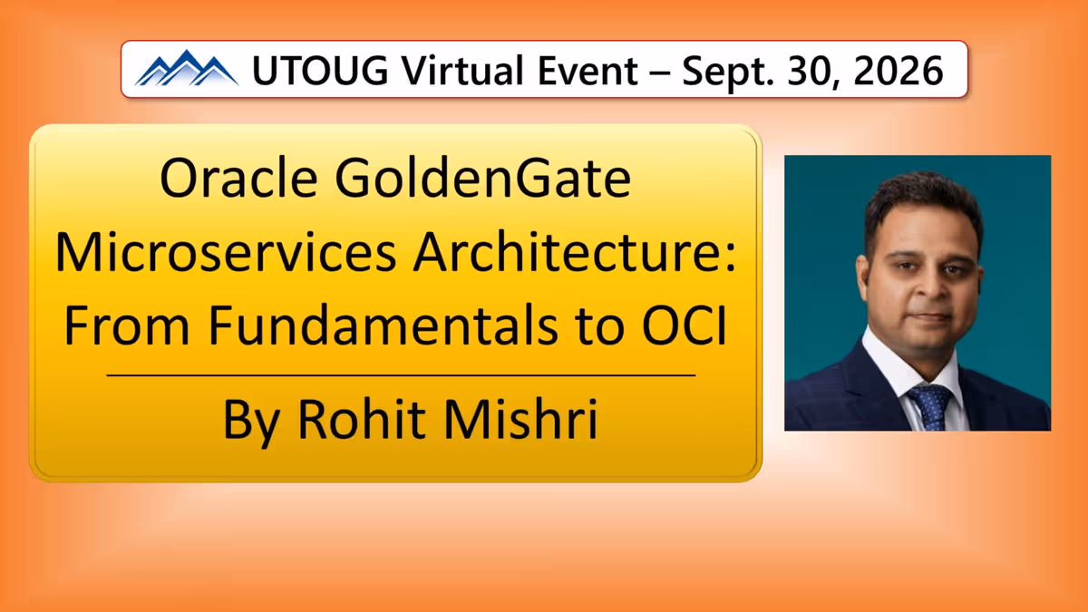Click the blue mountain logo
pos(187,68)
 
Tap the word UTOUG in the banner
pos(321,71)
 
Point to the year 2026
pos(899,71)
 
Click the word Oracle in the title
pos(238,178)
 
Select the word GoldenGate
pos(482,178)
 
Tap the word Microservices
pos(226,253)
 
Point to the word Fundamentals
pos(384,325)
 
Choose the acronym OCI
pos(684,325)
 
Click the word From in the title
pos(127,325)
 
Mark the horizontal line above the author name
pos(401,375)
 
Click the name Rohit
pos(362,419)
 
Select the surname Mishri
pos(520,419)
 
